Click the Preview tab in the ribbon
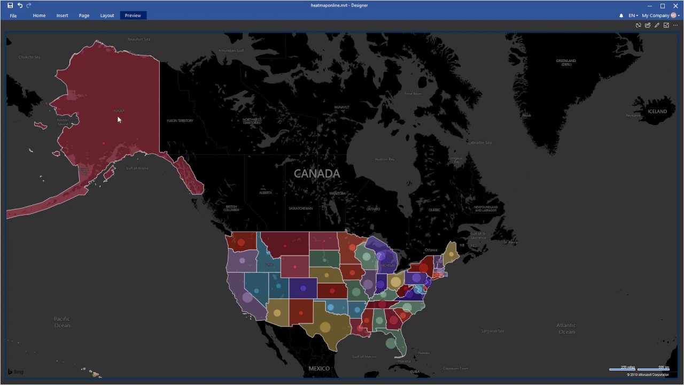tap(133, 16)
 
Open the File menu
tap(13, 16)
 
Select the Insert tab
tap(62, 16)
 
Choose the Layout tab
tap(107, 16)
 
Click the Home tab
tap(39, 16)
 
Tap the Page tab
tap(84, 16)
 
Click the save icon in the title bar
tap(10, 5)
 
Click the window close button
tap(675, 6)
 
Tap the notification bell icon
tap(621, 16)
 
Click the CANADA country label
tap(317, 174)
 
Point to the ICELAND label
tap(657, 111)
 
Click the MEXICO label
tap(319, 368)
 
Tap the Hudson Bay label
tap(384, 159)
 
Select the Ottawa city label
tap(431, 250)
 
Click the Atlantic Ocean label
tap(566, 328)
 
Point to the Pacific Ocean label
tap(62, 322)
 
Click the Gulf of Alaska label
tap(137, 168)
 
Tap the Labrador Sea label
tap(479, 143)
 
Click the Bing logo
tap(15, 372)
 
